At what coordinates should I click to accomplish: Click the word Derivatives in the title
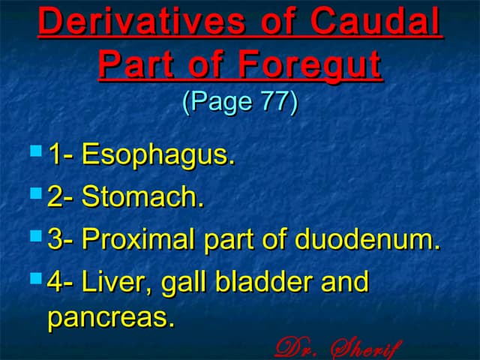click(x=142, y=21)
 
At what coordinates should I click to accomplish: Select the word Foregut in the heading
click(x=310, y=65)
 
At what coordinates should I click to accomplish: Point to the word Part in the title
click(x=136, y=64)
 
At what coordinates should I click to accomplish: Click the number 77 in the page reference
click(x=274, y=100)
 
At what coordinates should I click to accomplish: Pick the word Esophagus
click(x=158, y=154)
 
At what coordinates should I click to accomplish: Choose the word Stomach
click(x=142, y=196)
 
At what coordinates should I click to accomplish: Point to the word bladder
click(x=264, y=281)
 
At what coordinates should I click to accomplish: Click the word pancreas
click(x=111, y=316)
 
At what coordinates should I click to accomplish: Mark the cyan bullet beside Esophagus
click(x=36, y=151)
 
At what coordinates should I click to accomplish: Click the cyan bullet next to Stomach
click(x=36, y=193)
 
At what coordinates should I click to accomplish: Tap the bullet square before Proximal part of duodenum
click(x=36, y=236)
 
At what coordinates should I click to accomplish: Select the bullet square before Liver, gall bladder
click(x=36, y=278)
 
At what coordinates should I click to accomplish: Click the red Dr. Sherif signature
click(x=338, y=348)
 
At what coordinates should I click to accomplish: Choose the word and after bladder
click(x=345, y=281)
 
